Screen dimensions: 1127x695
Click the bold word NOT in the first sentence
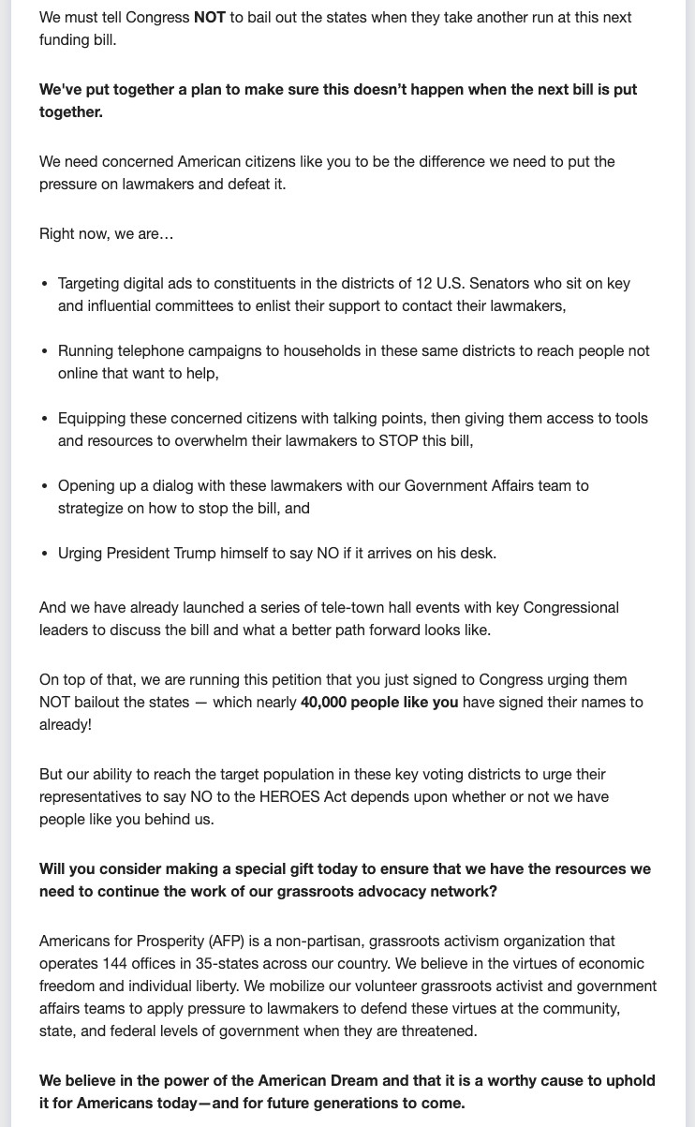tap(210, 18)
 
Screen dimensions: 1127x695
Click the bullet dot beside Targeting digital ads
tap(44, 284)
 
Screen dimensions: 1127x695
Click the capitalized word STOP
tap(399, 441)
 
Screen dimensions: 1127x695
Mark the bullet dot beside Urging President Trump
tap(44, 554)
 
